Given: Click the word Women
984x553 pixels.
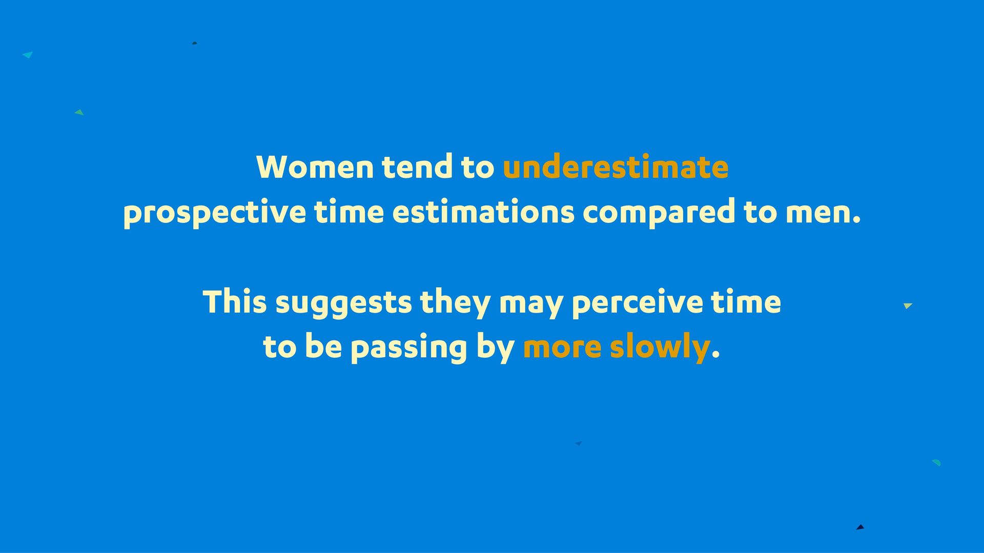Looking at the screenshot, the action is (x=315, y=167).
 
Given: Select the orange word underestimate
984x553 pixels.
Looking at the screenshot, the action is (x=616, y=167).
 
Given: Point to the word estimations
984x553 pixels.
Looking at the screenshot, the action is (x=483, y=212).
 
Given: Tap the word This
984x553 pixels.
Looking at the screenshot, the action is (x=235, y=301).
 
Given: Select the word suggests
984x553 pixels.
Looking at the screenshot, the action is (x=343, y=304).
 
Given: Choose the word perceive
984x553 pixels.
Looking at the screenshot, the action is (x=637, y=304).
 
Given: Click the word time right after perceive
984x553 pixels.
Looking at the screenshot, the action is (x=746, y=301).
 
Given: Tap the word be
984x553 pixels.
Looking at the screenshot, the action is (x=323, y=346).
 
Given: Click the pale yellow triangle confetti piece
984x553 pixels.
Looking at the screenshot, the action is (x=908, y=306).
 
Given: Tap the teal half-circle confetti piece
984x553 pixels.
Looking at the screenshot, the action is (x=937, y=462).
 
